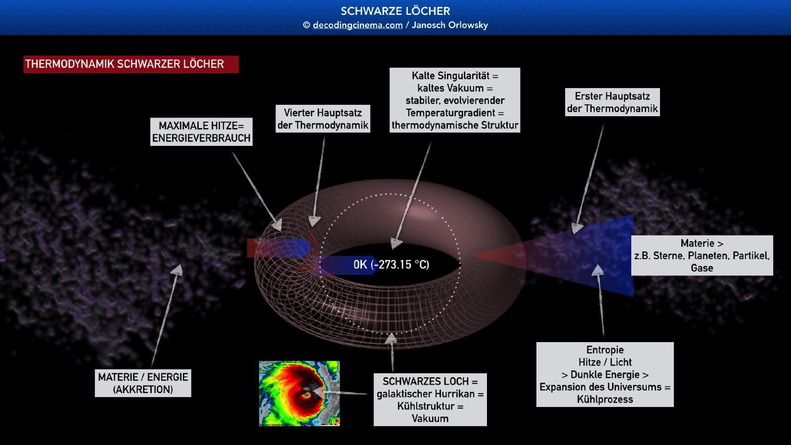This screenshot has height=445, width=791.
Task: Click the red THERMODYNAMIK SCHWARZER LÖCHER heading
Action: coord(131,64)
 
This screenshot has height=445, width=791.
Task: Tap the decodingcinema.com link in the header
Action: coord(357,25)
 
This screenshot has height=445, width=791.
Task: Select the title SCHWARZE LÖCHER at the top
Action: coord(395,11)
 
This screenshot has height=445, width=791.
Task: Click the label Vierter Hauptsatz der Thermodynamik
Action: coord(323,119)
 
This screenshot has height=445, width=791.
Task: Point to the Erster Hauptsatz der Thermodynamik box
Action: coord(613,102)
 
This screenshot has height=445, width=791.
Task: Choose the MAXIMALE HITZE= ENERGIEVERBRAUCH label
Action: coord(201,132)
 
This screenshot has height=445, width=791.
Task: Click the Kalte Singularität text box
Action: coord(455,100)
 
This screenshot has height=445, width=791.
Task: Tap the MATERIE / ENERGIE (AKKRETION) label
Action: coord(143,383)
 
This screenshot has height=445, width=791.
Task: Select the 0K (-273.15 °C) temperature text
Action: coord(391,265)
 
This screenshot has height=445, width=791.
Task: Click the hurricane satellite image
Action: coord(300,394)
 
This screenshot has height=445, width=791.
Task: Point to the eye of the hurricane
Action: coord(307,395)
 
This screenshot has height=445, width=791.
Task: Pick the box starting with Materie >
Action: coord(702,255)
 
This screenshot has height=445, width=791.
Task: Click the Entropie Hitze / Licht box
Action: coord(605,374)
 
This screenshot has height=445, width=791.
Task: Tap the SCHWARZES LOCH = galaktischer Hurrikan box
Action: coord(430,400)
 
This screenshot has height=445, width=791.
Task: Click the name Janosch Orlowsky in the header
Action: coord(450,25)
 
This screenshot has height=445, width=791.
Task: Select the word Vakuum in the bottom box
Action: coord(430,418)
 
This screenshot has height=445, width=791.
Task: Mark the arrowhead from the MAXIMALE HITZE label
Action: coord(277,225)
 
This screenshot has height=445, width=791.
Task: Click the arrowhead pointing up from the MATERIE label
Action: coord(177,270)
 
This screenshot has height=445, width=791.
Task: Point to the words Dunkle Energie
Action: coord(605,374)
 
